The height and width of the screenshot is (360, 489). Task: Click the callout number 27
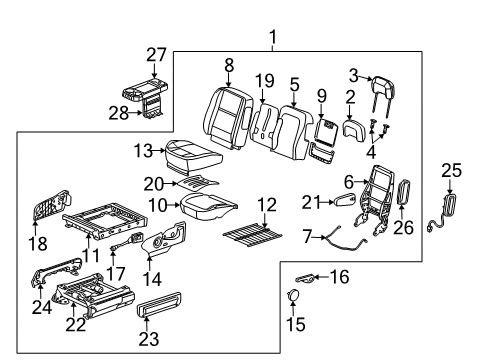156,55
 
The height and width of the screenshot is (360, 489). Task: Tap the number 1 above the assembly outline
273,37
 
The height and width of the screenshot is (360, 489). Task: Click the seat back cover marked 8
228,117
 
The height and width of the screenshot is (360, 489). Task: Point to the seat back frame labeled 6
374,201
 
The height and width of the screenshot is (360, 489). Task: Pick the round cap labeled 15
293,295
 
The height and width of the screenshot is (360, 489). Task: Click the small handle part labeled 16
304,278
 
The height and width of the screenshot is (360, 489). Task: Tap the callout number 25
452,170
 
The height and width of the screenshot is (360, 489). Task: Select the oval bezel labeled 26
403,191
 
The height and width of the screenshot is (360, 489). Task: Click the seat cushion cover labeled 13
193,155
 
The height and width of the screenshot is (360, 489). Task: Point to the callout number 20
154,184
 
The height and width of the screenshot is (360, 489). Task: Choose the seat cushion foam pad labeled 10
209,206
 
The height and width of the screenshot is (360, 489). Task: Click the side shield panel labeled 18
52,205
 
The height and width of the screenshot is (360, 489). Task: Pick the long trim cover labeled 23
159,304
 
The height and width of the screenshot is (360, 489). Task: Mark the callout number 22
76,325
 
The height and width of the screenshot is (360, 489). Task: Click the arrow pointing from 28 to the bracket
137,113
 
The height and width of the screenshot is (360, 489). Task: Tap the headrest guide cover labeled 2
354,127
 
